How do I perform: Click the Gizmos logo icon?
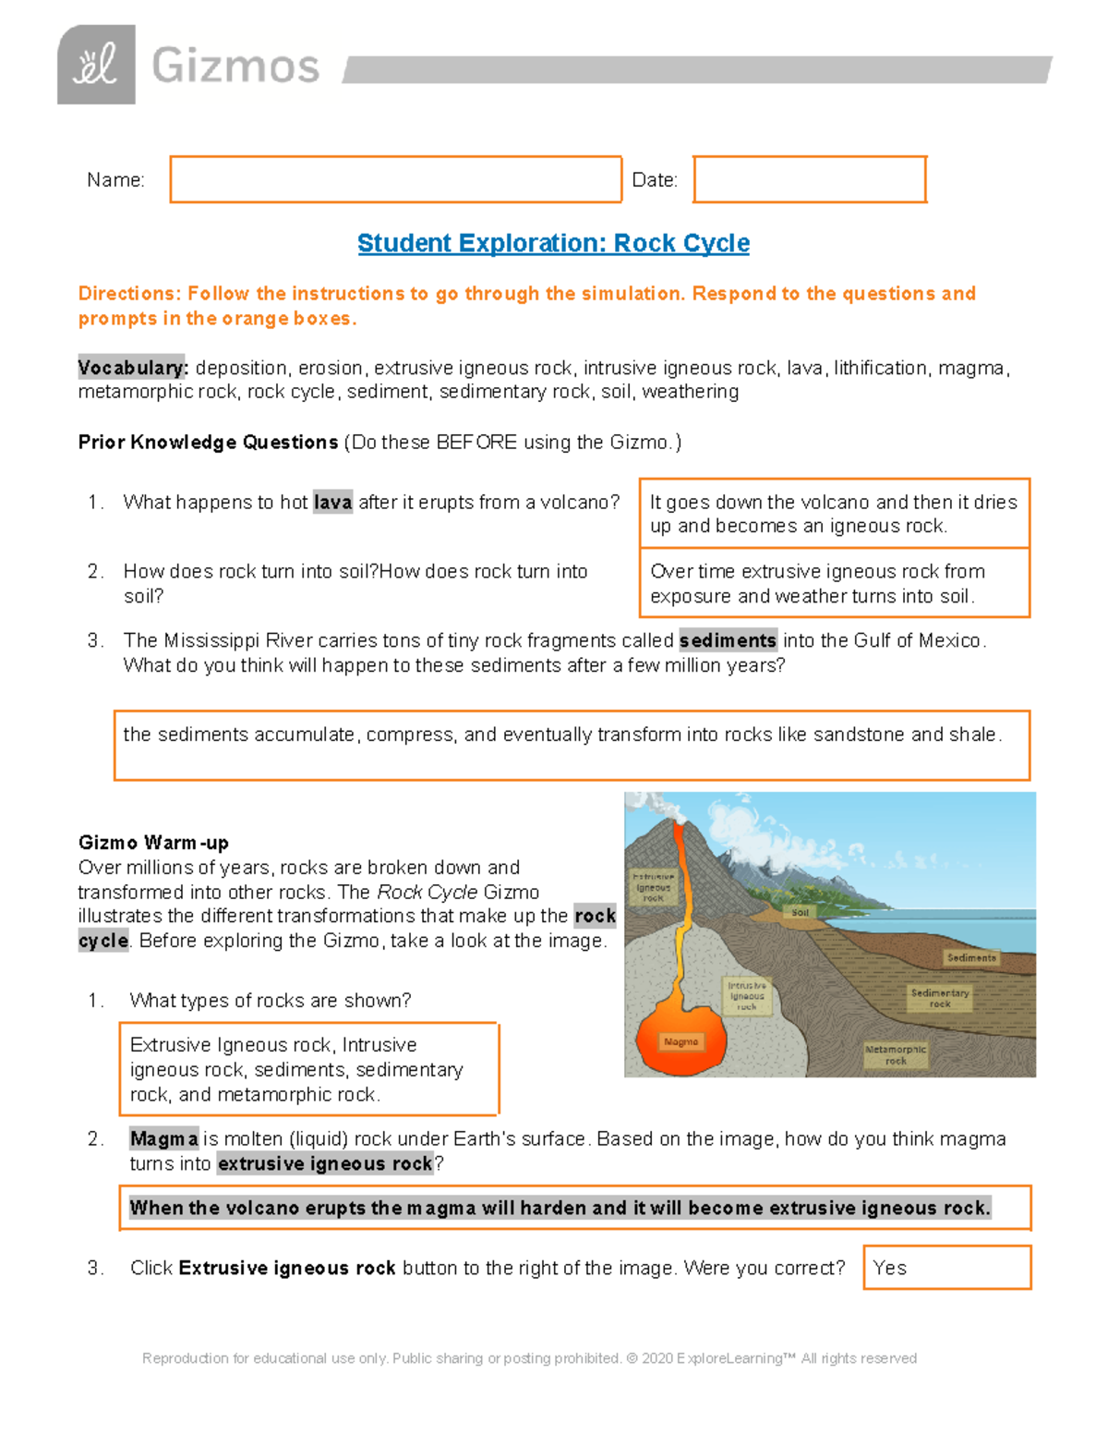[96, 65]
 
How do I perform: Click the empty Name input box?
[395, 179]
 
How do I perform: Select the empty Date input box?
[809, 179]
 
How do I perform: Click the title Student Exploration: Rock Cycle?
[553, 243]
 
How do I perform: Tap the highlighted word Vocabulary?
[133, 368]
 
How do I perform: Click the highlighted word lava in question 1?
[332, 503]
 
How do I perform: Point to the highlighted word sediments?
[728, 640]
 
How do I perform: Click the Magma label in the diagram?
[681, 1041]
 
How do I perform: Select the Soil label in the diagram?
[800, 912]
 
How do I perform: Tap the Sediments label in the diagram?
[971, 957]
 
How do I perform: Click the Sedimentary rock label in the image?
[940, 998]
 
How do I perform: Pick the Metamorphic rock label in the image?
[896, 1055]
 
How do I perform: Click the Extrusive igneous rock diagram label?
[653, 887]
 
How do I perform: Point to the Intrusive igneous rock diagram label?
[747, 996]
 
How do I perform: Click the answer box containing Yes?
[946, 1268]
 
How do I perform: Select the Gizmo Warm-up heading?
[153, 843]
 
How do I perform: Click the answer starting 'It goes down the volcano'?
[833, 514]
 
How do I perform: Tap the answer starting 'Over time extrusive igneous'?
[833, 583]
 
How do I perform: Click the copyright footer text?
[529, 1358]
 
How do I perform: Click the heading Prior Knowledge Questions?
[208, 443]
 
